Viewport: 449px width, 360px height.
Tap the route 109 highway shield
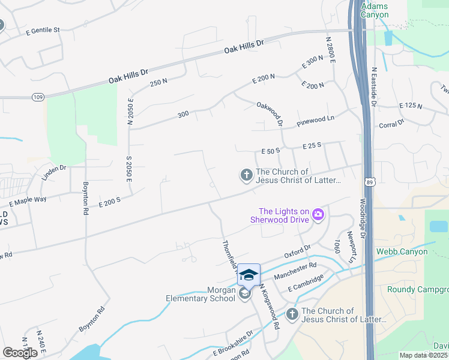(x=38, y=97)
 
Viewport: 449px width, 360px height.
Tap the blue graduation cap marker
(x=249, y=275)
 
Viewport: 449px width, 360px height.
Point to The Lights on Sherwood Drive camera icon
(x=318, y=214)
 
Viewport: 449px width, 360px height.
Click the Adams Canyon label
(x=375, y=10)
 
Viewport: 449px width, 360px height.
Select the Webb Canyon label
(x=402, y=251)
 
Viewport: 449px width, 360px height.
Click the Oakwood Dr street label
(x=270, y=113)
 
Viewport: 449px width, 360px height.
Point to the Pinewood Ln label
(x=316, y=122)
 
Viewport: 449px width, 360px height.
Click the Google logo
(x=20, y=353)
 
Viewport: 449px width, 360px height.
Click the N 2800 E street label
(x=330, y=51)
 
